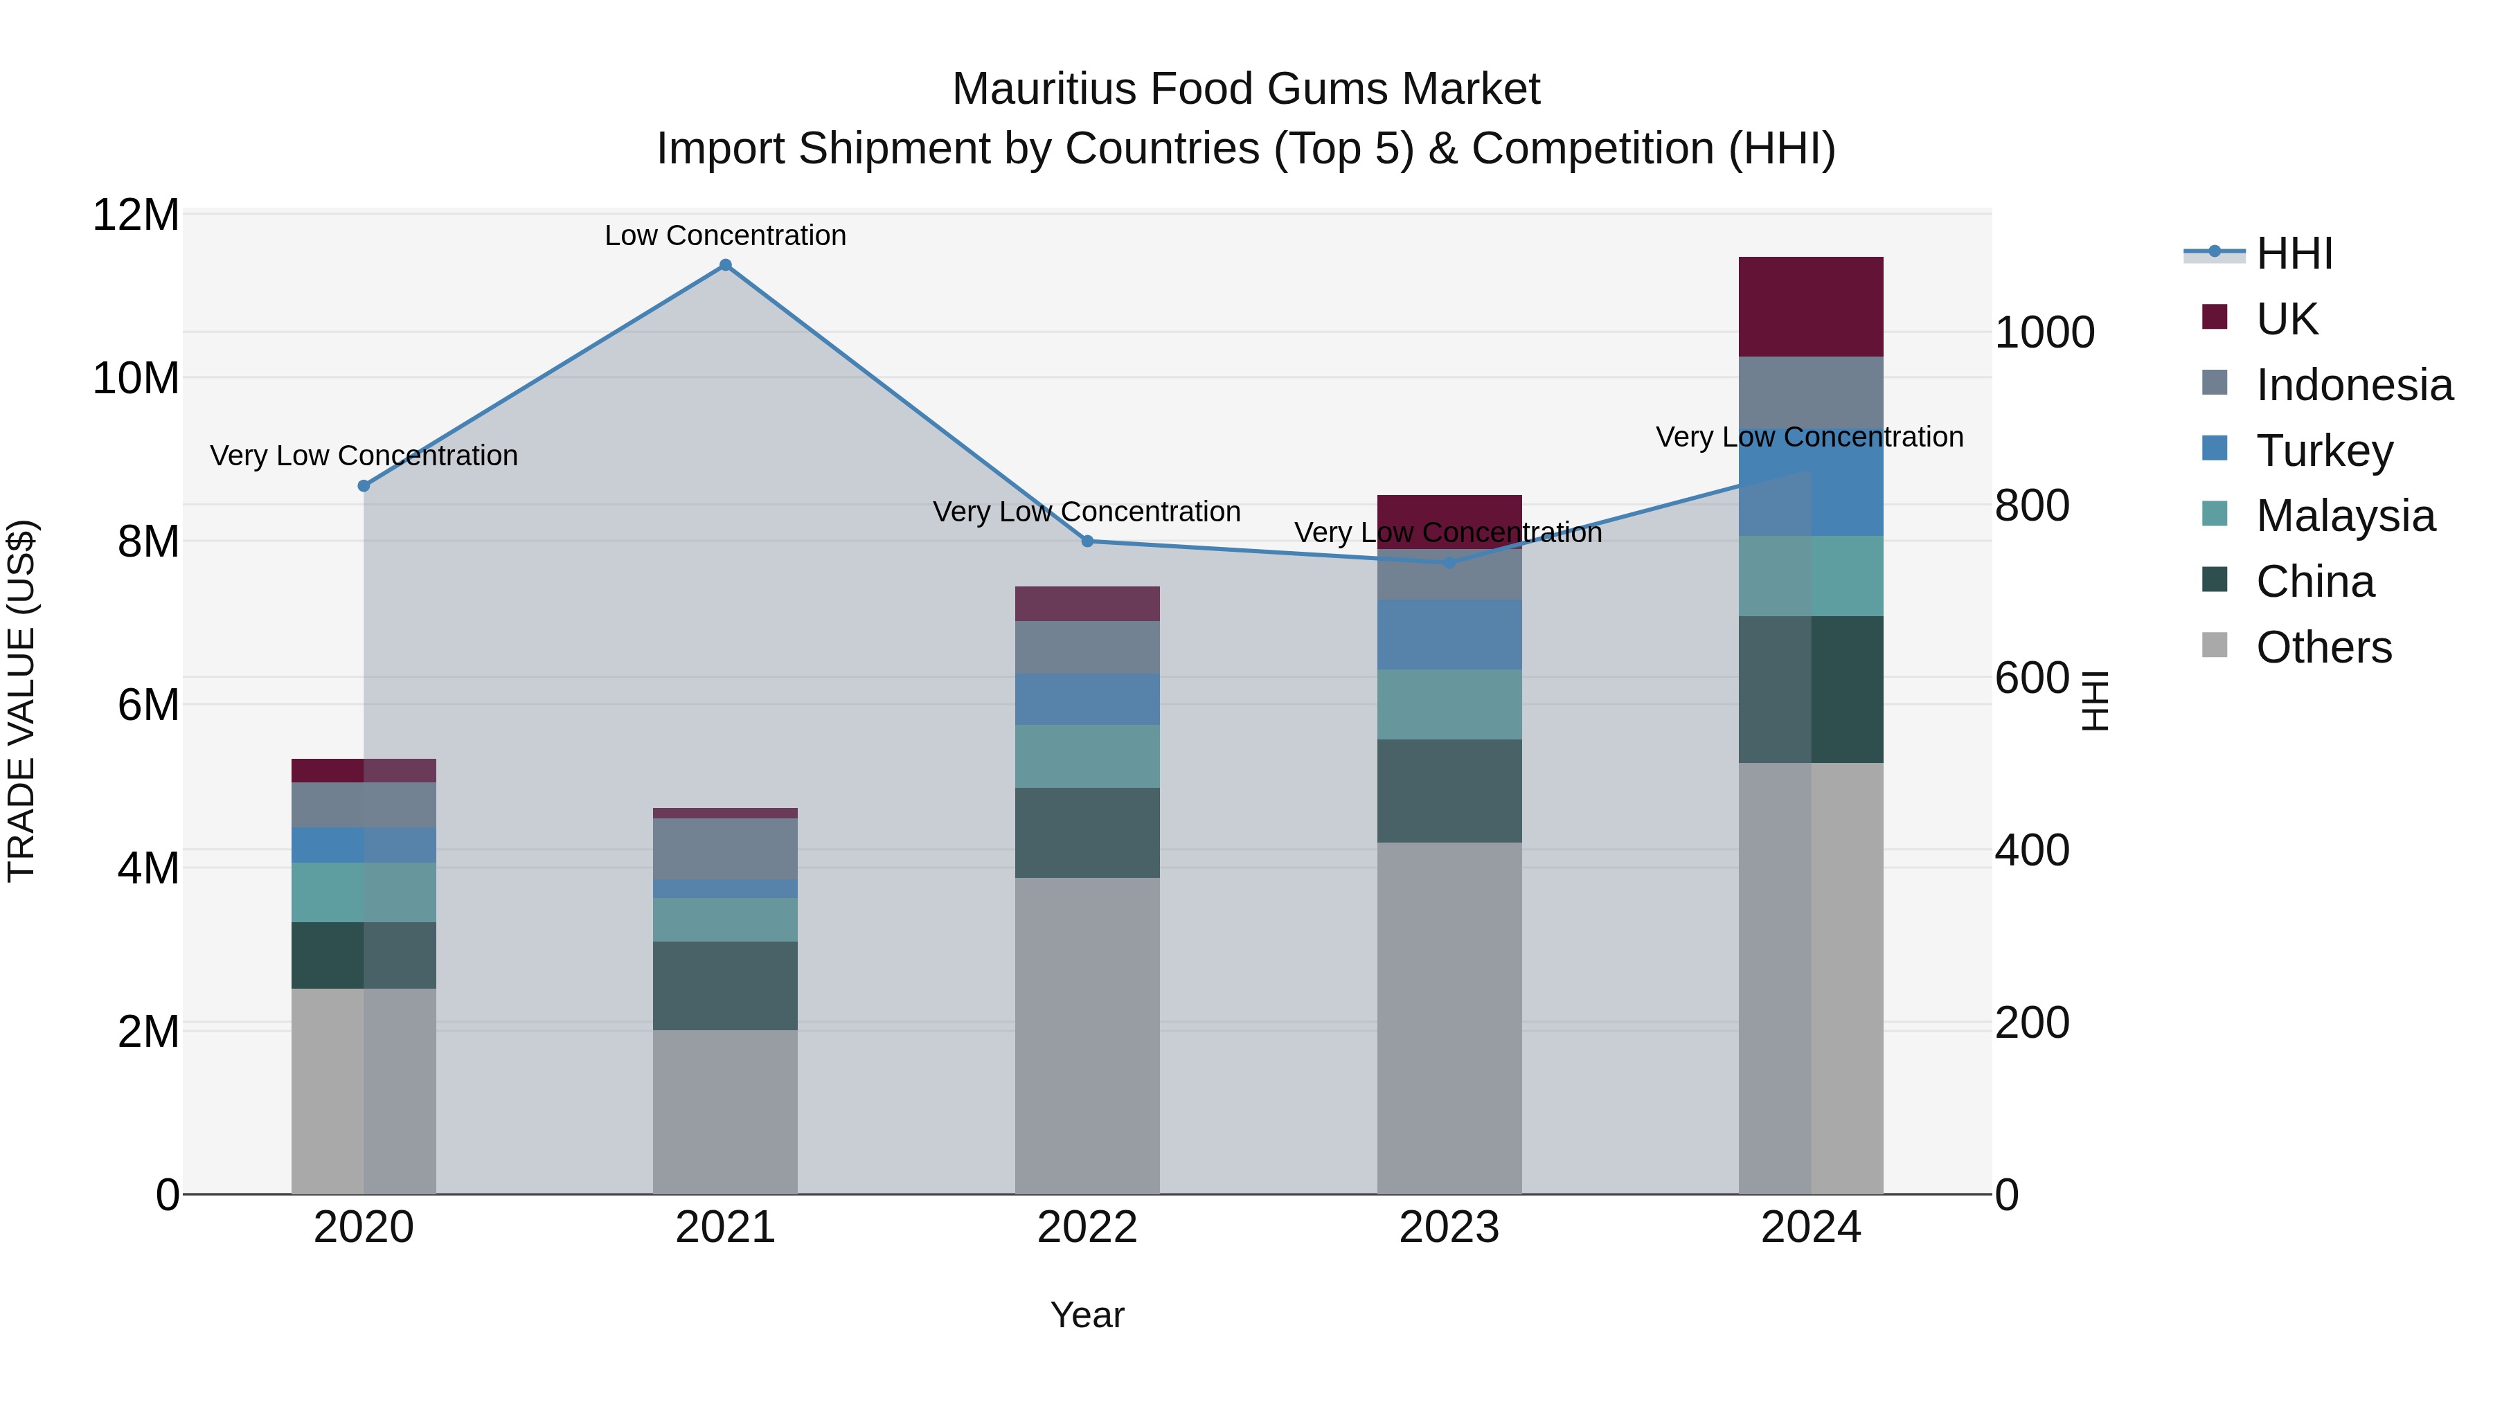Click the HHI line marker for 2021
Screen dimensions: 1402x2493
coord(725,265)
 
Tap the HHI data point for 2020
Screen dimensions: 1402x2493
coord(364,486)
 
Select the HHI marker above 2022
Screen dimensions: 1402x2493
coord(1087,541)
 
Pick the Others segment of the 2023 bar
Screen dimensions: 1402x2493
coord(1449,1016)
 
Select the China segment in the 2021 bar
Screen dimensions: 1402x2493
coord(725,985)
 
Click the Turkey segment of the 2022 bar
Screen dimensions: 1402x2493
coord(1087,699)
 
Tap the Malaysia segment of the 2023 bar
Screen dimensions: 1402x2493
coord(1449,703)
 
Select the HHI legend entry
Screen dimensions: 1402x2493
coord(2294,253)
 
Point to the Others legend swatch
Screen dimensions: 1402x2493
coord(2215,645)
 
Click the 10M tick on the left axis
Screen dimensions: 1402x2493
coord(136,377)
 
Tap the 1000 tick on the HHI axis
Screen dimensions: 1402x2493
coord(2044,333)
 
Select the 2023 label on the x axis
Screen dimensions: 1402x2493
coord(1449,1228)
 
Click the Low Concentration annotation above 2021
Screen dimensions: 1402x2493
coord(725,235)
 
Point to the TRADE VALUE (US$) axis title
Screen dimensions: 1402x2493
coord(21,701)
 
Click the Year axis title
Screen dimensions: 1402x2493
coord(1087,1315)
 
